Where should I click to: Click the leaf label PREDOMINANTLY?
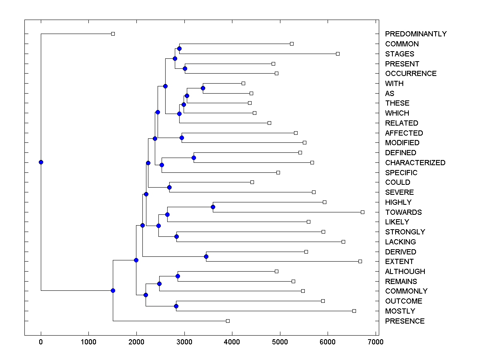416,34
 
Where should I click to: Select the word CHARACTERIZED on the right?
415,163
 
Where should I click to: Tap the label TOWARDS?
403,212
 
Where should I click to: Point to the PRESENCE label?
405,321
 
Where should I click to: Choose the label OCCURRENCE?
411,74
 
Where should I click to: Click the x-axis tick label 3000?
184,342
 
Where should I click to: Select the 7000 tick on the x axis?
375,342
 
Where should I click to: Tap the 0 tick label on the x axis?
41,342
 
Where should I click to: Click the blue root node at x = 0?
41,162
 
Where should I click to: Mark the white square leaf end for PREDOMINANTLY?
113,34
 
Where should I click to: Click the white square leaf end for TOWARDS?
362,212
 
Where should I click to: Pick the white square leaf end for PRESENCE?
228,321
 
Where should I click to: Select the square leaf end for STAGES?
338,54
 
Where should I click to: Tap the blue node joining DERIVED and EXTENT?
206,256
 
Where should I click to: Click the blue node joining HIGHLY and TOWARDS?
213,207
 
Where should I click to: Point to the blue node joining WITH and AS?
203,88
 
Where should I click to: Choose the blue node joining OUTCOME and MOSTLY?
176,306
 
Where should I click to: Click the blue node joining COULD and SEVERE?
169,187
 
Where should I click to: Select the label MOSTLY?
400,311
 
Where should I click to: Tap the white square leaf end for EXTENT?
360,261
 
